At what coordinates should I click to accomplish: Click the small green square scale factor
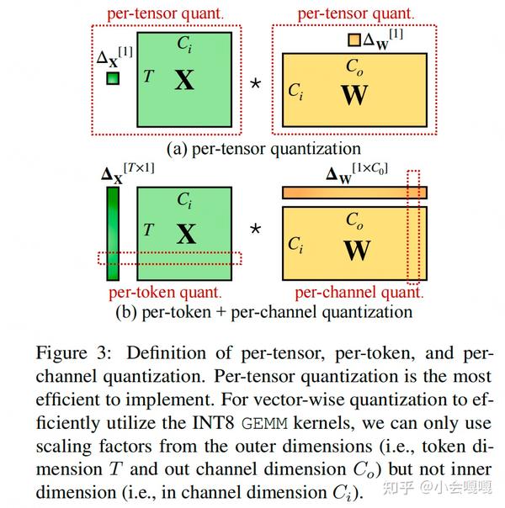112,78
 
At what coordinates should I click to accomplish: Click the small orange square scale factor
354,40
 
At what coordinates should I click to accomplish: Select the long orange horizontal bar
354,193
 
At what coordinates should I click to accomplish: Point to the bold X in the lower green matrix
185,233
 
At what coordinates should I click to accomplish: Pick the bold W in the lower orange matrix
357,250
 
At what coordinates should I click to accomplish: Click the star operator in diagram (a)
255,85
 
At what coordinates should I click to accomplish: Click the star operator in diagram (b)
255,227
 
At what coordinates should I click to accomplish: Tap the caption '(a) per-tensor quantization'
263,149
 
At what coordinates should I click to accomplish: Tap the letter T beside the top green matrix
148,77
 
